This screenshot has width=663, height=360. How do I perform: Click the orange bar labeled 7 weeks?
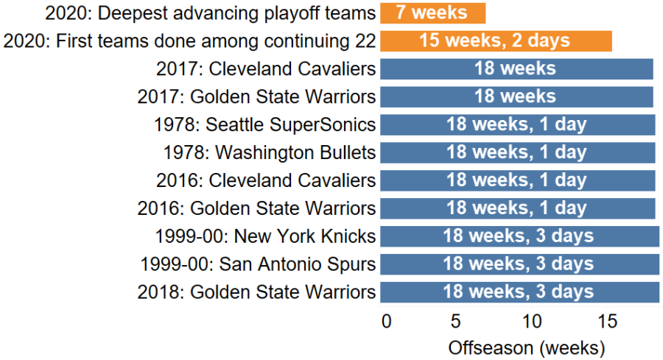(x=432, y=13)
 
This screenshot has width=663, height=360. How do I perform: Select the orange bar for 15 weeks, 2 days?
(x=496, y=40)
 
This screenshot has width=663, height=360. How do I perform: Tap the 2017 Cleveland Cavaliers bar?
(x=516, y=68)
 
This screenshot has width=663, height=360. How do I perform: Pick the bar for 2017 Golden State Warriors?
(x=516, y=96)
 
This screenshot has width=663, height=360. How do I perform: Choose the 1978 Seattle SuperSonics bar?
(x=517, y=124)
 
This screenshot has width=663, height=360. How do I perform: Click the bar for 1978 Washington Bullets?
(x=517, y=152)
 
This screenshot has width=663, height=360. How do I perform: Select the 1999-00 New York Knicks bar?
(x=519, y=236)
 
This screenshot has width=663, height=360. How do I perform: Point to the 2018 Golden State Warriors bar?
(x=519, y=292)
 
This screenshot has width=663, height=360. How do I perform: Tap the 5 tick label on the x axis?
(x=456, y=321)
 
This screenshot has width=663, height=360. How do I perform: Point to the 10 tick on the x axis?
(x=531, y=321)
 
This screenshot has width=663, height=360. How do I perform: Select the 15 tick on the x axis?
(x=606, y=321)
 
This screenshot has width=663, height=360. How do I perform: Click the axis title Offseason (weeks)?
(x=526, y=346)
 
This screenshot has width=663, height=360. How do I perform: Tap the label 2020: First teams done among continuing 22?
(x=190, y=40)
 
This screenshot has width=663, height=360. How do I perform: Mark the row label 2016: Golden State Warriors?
(x=256, y=208)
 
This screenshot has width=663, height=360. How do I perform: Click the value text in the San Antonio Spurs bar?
(x=518, y=264)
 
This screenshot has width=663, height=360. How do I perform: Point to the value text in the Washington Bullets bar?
(x=516, y=152)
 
